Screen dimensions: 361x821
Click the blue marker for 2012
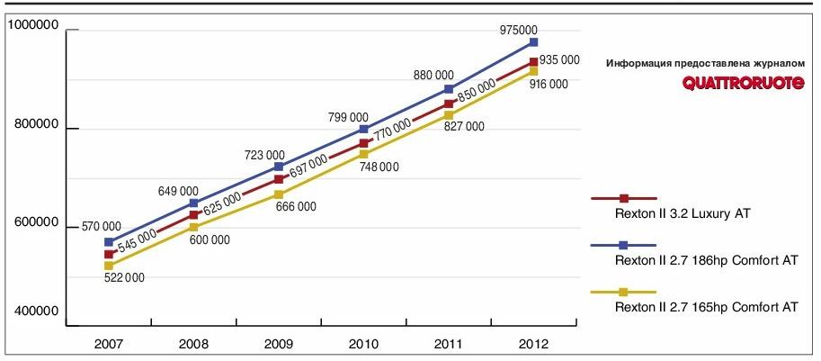533,42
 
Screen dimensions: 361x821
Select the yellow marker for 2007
109,266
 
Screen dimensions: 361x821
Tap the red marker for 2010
363,143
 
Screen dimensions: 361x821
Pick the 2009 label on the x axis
279,344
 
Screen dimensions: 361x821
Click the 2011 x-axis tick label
449,344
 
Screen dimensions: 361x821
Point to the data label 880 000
433,76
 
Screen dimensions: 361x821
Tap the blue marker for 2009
279,167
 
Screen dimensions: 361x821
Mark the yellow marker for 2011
449,115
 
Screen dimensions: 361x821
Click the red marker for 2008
194,214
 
